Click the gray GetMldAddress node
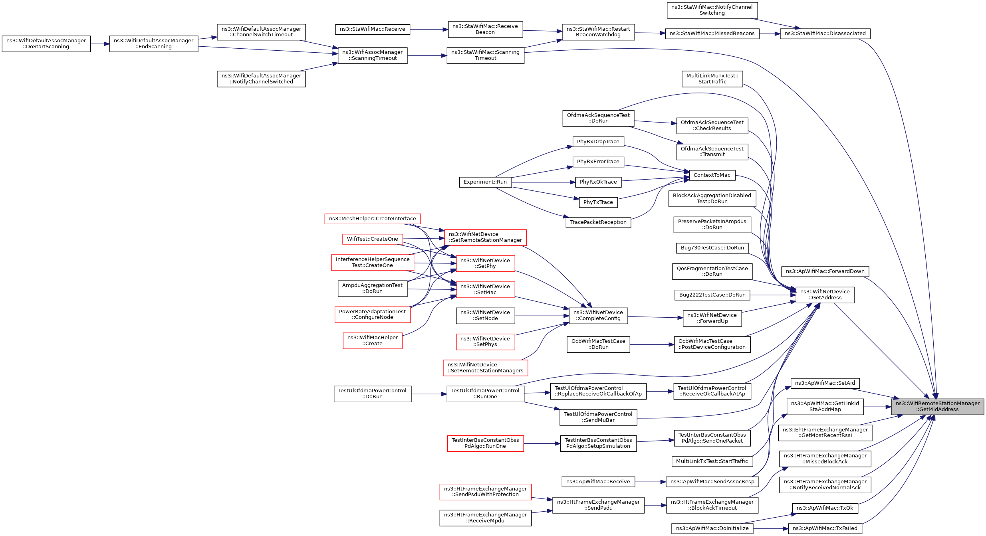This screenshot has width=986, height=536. coord(937,406)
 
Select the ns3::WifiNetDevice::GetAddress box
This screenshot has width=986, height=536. coord(825,295)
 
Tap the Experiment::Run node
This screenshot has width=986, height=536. coord(485,182)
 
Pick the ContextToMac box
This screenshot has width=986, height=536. coord(712,175)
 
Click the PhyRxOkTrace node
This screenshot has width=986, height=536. coord(598,182)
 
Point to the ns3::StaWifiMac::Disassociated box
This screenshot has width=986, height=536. coord(825,34)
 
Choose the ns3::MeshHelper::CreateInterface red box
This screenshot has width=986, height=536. coord(373,219)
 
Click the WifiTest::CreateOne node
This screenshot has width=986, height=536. coord(373,239)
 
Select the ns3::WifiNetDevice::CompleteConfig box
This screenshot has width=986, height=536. coord(598,315)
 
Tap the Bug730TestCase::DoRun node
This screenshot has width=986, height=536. coord(712,248)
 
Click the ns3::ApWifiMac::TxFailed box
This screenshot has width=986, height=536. coord(825,528)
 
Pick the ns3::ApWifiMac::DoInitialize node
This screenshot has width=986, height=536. coord(712,528)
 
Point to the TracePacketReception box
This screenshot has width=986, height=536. coord(598,222)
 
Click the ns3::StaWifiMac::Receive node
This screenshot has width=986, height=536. coord(373,29)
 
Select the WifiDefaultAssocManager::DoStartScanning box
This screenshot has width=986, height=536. coord(46,44)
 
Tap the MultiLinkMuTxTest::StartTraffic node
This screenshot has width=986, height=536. coord(712,79)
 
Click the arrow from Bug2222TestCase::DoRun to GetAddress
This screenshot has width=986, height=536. coord(773,295)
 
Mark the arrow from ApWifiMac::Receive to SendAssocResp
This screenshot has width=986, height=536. coord(651,482)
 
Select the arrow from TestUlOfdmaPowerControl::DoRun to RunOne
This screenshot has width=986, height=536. coord(429,394)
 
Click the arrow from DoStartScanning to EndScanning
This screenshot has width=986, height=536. coord(100,44)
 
